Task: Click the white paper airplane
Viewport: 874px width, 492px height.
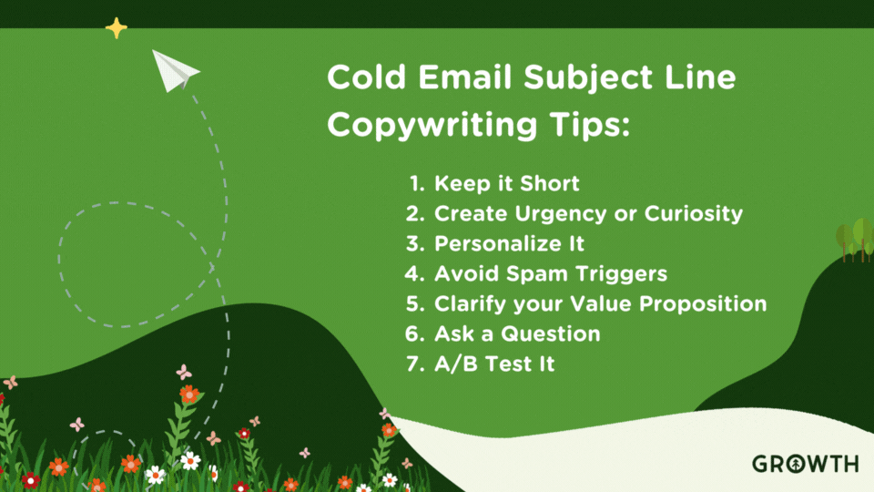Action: (x=173, y=71)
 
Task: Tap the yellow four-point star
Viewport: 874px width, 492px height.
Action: (x=116, y=28)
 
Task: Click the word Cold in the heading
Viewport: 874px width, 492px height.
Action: (x=366, y=77)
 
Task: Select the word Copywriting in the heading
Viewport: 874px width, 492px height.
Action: (x=432, y=125)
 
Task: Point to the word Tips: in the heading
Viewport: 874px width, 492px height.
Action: (x=589, y=125)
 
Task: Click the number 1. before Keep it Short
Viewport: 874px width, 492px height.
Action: (x=418, y=183)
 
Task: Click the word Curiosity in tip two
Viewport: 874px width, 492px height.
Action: (x=694, y=213)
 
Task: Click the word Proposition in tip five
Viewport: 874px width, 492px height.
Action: (x=703, y=304)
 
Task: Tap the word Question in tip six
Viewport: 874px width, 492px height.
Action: (x=551, y=333)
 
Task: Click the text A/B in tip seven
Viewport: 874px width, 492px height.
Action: (x=456, y=364)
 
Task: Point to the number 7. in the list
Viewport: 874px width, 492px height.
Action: (x=416, y=364)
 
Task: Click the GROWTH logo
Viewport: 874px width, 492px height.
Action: (x=806, y=464)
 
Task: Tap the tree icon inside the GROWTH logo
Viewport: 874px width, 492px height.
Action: (x=797, y=464)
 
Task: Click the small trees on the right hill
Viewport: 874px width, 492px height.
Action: (x=855, y=240)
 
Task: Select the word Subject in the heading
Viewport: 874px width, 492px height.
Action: (x=588, y=78)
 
